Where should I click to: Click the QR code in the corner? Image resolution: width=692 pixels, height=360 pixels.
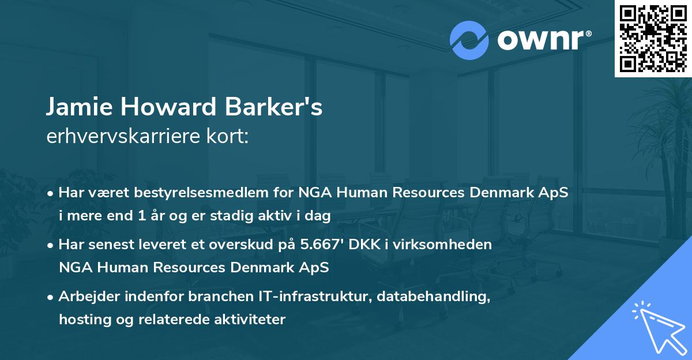(653, 39)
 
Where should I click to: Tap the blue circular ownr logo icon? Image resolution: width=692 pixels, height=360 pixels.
(469, 40)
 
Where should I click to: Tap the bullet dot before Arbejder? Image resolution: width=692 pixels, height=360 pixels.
(51, 297)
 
